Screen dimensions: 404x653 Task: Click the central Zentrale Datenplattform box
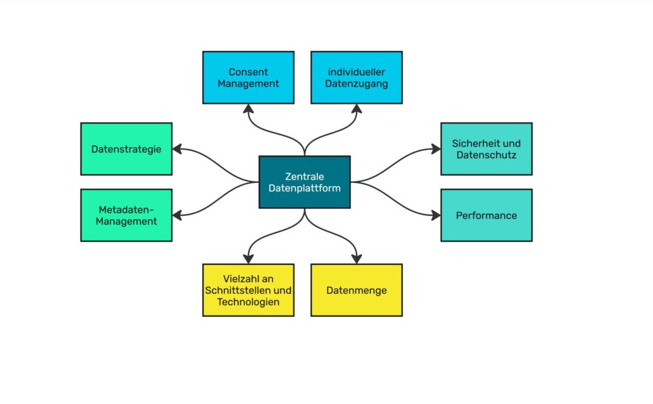304,182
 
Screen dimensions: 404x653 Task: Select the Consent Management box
248,77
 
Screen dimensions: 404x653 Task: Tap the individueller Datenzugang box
356,77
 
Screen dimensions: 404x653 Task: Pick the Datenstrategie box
126,148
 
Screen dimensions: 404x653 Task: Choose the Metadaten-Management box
126,215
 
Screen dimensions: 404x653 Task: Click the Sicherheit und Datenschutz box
486,148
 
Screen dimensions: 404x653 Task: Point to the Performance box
486,215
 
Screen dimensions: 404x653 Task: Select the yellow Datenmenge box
356,290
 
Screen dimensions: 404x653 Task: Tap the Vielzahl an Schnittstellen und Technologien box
248,290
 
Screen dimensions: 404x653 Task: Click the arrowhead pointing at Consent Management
248,109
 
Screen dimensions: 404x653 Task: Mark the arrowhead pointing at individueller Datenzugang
356,109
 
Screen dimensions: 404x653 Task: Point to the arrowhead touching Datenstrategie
177,149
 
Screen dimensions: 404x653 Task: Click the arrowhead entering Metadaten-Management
177,215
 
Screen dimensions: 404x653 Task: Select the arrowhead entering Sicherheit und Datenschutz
436,149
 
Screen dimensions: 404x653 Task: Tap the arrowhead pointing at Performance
436,215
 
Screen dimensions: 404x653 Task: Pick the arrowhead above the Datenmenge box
356,258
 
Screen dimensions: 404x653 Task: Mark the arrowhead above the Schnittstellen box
248,258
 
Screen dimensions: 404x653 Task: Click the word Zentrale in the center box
304,176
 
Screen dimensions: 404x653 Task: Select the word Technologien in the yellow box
248,301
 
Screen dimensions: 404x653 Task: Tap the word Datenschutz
486,155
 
